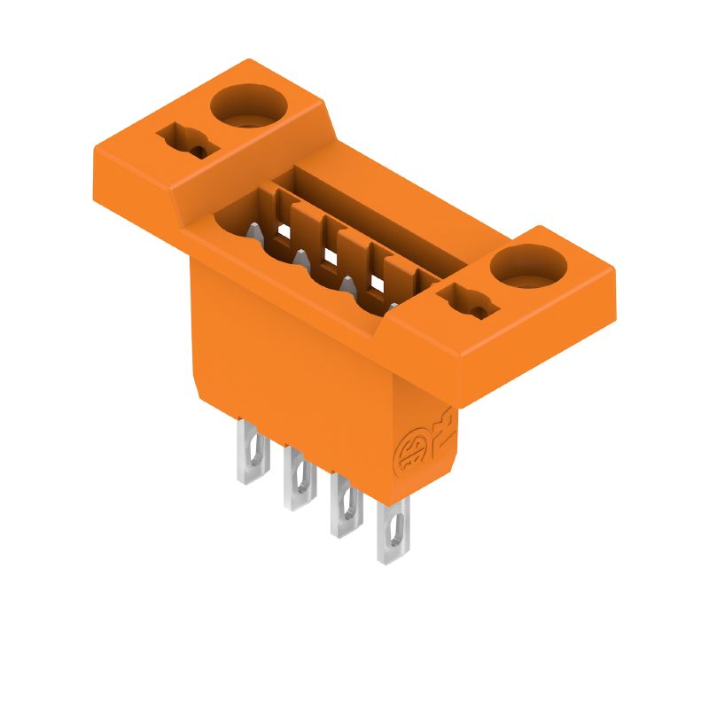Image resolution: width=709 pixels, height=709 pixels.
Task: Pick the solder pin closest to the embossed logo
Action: click(393, 531)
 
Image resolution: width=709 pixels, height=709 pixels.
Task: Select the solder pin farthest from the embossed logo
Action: click(252, 451)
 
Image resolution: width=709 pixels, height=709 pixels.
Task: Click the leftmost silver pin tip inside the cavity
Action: click(253, 234)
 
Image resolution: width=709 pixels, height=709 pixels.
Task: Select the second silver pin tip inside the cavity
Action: click(300, 260)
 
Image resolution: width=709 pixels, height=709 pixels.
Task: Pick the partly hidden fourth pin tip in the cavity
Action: click(392, 307)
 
